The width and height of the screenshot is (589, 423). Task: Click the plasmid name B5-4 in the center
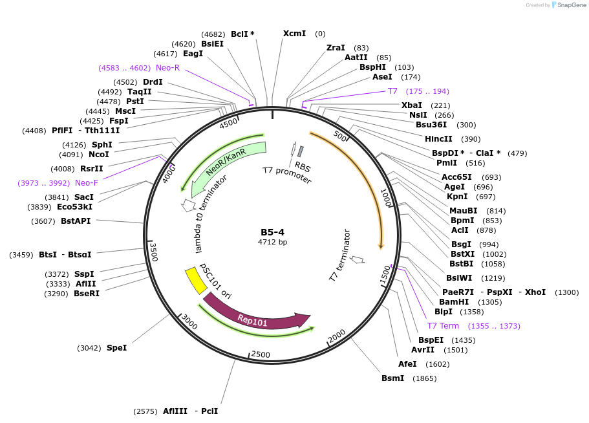coord(272,232)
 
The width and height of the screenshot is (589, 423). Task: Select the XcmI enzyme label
coord(294,34)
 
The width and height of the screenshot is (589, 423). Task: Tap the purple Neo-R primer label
coord(167,67)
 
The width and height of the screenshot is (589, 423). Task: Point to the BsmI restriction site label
coord(392,378)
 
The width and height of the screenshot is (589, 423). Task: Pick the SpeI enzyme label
coord(116,348)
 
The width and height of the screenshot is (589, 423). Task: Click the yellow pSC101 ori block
coord(191,281)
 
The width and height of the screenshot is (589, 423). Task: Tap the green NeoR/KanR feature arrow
coord(226,164)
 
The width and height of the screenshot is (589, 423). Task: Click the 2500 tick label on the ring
coord(260,354)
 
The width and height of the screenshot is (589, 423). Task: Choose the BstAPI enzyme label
coord(76,221)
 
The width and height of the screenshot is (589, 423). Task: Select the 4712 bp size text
coord(272,243)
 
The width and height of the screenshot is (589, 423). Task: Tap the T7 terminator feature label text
coord(340,255)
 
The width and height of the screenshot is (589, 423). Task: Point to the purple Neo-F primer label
coord(87,183)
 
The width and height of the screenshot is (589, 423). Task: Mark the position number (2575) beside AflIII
coord(145,411)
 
